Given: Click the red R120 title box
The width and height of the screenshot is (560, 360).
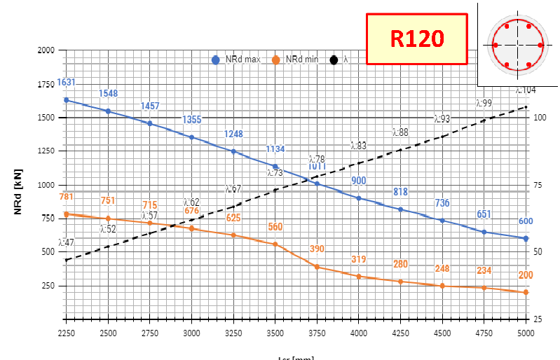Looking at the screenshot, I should pyautogui.click(x=416, y=39).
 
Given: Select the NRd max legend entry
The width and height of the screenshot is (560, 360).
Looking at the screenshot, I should pyautogui.click(x=236, y=60).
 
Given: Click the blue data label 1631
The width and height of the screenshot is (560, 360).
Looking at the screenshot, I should pyautogui.click(x=66, y=83).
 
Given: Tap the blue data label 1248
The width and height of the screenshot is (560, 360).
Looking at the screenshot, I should pyautogui.click(x=233, y=134).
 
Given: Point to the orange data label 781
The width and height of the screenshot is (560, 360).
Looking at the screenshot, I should pyautogui.click(x=66, y=197).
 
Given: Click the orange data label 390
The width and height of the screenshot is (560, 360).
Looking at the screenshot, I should pyautogui.click(x=317, y=249).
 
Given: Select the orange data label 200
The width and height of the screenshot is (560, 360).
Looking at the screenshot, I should pyautogui.click(x=526, y=275).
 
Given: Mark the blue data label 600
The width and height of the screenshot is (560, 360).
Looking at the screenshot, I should pyautogui.click(x=526, y=221).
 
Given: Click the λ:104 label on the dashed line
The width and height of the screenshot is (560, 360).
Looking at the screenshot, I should pyautogui.click(x=526, y=90).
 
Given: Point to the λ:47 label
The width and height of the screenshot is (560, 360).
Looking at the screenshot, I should pyautogui.click(x=66, y=242).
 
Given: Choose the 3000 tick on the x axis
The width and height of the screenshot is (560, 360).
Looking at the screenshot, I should pyautogui.click(x=191, y=332).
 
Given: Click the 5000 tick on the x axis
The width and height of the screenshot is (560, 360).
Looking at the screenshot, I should pyautogui.click(x=526, y=332).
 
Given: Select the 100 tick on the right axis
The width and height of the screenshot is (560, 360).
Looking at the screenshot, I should pyautogui.click(x=540, y=118).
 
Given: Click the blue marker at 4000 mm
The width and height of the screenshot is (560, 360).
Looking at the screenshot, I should pyautogui.click(x=359, y=198).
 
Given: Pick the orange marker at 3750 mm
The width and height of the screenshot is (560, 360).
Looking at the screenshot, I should pyautogui.click(x=317, y=267).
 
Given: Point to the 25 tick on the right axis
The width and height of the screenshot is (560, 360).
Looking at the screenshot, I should pyautogui.click(x=538, y=319).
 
